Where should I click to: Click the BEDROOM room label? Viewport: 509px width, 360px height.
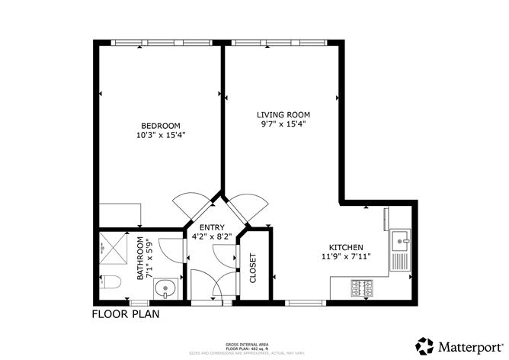click(160, 126)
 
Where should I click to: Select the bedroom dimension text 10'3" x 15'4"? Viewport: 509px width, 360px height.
click(160, 135)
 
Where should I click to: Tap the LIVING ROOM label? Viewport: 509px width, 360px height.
click(282, 115)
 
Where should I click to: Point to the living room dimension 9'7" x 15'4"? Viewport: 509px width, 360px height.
click(282, 124)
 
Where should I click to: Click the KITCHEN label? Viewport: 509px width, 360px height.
click(345, 247)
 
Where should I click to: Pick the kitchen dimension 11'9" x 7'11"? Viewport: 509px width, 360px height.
click(345, 257)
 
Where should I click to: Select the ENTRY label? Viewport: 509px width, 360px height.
click(211, 228)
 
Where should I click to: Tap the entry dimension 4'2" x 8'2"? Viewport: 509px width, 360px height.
click(211, 237)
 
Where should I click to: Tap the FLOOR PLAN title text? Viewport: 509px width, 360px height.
click(126, 313)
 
